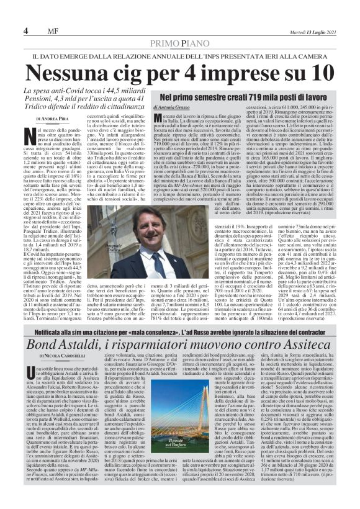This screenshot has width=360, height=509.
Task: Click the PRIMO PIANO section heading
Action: click(x=179, y=42)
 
